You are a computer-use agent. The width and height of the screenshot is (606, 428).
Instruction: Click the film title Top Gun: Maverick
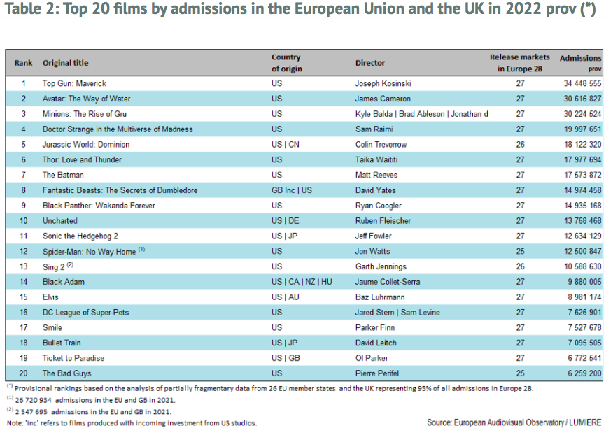(x=74, y=83)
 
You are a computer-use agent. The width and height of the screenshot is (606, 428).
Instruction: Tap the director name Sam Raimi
(x=372, y=129)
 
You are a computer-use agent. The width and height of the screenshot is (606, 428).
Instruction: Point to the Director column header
(x=370, y=63)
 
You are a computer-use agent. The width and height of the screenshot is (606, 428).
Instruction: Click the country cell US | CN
(x=286, y=145)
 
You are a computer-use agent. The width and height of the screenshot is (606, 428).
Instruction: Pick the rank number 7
(x=23, y=175)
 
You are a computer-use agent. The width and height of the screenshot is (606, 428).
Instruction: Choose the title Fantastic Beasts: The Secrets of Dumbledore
(x=120, y=190)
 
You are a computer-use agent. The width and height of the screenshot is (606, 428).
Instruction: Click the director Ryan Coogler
(x=379, y=206)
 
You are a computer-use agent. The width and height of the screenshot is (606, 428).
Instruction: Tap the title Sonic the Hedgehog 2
(x=80, y=236)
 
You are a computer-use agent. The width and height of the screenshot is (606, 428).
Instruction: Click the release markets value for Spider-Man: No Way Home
(x=520, y=252)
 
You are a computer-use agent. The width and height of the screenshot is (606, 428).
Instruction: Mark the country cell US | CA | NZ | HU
(x=302, y=282)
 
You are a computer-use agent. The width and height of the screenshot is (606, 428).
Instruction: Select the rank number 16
(x=23, y=313)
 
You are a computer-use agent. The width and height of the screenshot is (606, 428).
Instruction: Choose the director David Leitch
(x=376, y=343)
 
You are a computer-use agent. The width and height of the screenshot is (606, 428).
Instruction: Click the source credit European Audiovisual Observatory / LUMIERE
(x=514, y=422)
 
